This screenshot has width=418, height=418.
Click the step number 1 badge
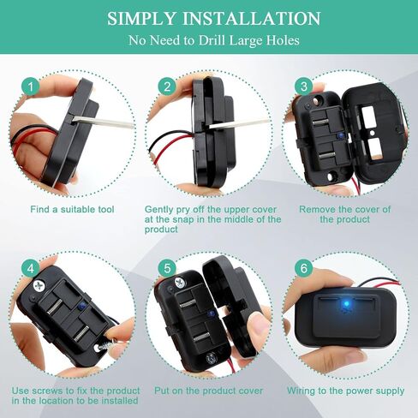[31, 87]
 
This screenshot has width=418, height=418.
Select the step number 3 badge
[302, 87]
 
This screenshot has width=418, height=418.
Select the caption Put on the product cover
[208, 390]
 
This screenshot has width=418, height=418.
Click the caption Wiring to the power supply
[345, 390]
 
